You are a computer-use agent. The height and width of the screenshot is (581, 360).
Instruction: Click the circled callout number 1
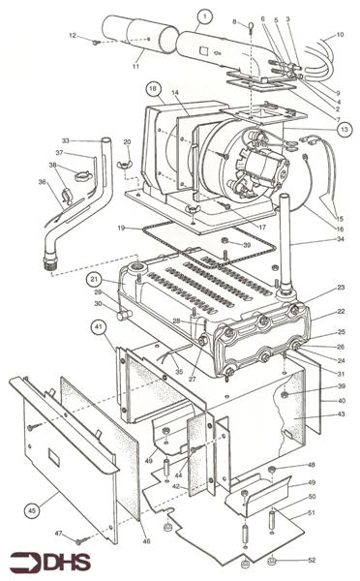204,15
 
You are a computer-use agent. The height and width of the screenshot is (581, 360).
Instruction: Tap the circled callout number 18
153,89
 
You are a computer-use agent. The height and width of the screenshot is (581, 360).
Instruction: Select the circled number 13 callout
344,128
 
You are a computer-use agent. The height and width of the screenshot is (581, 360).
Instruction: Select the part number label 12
72,36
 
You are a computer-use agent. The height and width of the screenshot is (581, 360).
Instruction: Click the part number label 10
339,35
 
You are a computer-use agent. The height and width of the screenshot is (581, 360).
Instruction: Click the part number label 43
339,415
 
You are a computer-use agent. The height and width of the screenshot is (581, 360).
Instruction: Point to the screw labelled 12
95,42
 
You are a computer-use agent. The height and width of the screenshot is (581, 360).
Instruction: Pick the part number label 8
233,20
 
